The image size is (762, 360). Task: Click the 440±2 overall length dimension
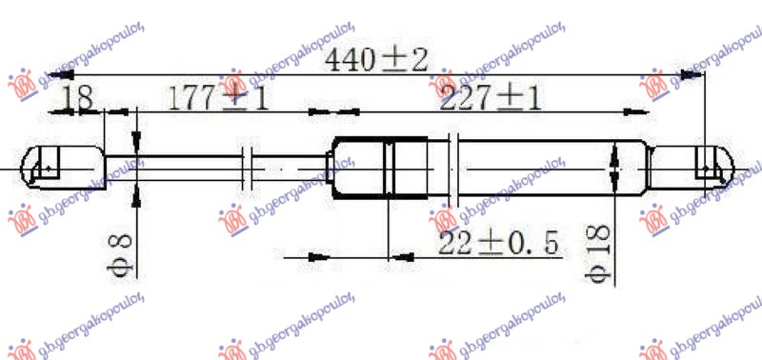[377, 62]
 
